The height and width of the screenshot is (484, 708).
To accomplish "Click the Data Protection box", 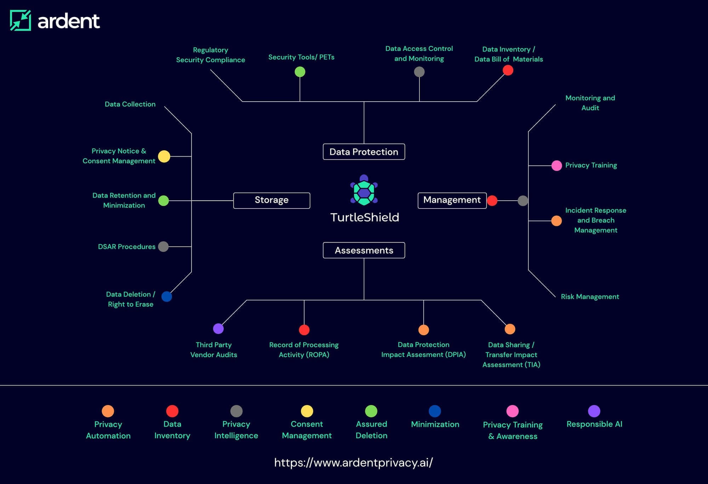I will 364,152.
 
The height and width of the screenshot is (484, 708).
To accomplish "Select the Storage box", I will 272,200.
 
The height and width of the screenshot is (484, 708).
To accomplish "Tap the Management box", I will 452,200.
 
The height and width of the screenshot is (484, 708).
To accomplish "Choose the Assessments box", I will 364,250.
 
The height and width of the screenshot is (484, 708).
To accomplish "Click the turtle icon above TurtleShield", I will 364,190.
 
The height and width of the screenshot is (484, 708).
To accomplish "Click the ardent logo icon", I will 21,21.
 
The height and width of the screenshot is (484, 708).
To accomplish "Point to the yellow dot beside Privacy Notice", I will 164,156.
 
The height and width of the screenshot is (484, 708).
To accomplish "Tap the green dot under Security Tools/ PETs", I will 300,72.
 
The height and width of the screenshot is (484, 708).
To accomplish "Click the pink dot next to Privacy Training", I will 556,165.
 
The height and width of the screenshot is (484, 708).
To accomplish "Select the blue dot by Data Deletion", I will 167,296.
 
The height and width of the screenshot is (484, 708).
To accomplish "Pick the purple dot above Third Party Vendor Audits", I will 218,329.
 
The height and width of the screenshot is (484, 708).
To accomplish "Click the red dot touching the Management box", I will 492,201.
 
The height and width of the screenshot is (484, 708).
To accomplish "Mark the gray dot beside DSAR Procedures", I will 163,246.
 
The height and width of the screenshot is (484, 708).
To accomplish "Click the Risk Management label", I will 590,297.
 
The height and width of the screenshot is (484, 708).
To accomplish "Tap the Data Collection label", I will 130,104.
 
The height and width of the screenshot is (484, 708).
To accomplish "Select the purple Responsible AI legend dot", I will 594,411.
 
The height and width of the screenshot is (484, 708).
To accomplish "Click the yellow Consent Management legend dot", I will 307,411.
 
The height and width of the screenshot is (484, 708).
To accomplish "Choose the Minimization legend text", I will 435,424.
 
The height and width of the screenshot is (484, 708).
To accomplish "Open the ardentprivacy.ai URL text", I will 353,462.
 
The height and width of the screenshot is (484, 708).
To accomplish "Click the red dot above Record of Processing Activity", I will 304,330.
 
